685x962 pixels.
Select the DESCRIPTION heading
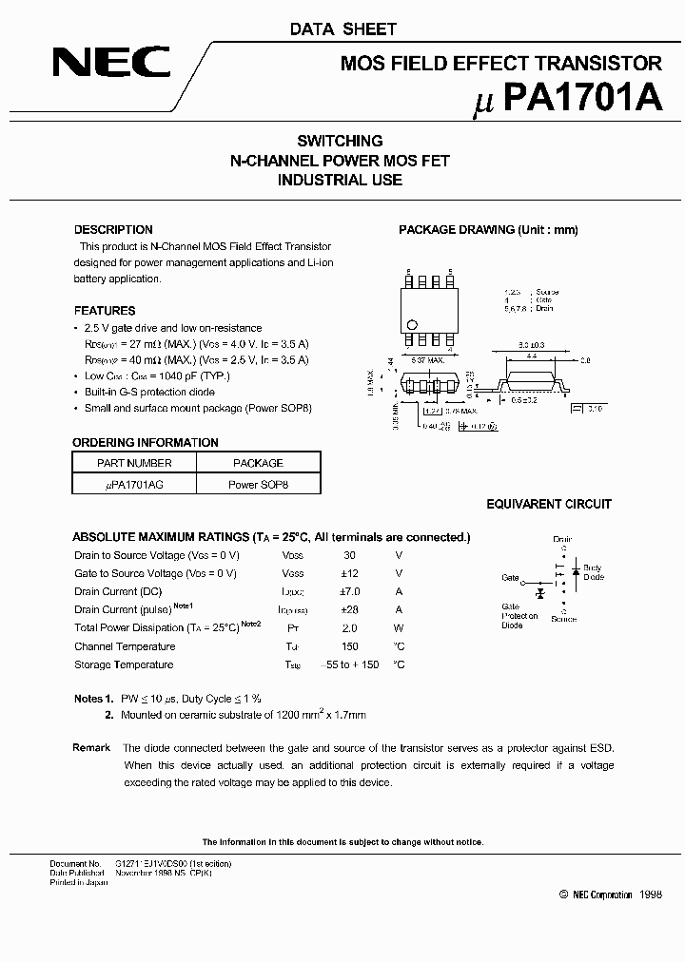pyautogui.click(x=113, y=230)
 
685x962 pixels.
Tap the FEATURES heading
pyautogui.click(x=105, y=311)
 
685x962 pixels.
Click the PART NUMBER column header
pyautogui.click(x=134, y=463)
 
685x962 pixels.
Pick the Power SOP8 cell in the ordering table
pyautogui.click(x=258, y=484)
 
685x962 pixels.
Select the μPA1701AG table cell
pyautogui.click(x=134, y=484)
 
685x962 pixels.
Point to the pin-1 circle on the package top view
pyautogui.click(x=411, y=325)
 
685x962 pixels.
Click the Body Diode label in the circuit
pyautogui.click(x=593, y=572)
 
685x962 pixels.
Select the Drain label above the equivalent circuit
pyautogui.click(x=563, y=539)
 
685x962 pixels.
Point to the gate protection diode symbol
pyautogui.click(x=539, y=592)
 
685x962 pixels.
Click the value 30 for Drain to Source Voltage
pyautogui.click(x=349, y=555)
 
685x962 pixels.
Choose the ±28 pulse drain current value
pyautogui.click(x=349, y=609)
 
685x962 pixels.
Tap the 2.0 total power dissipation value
pyautogui.click(x=349, y=628)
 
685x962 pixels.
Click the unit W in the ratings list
pyautogui.click(x=399, y=628)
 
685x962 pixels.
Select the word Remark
pyautogui.click(x=91, y=748)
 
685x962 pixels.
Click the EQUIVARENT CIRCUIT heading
pyautogui.click(x=549, y=505)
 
